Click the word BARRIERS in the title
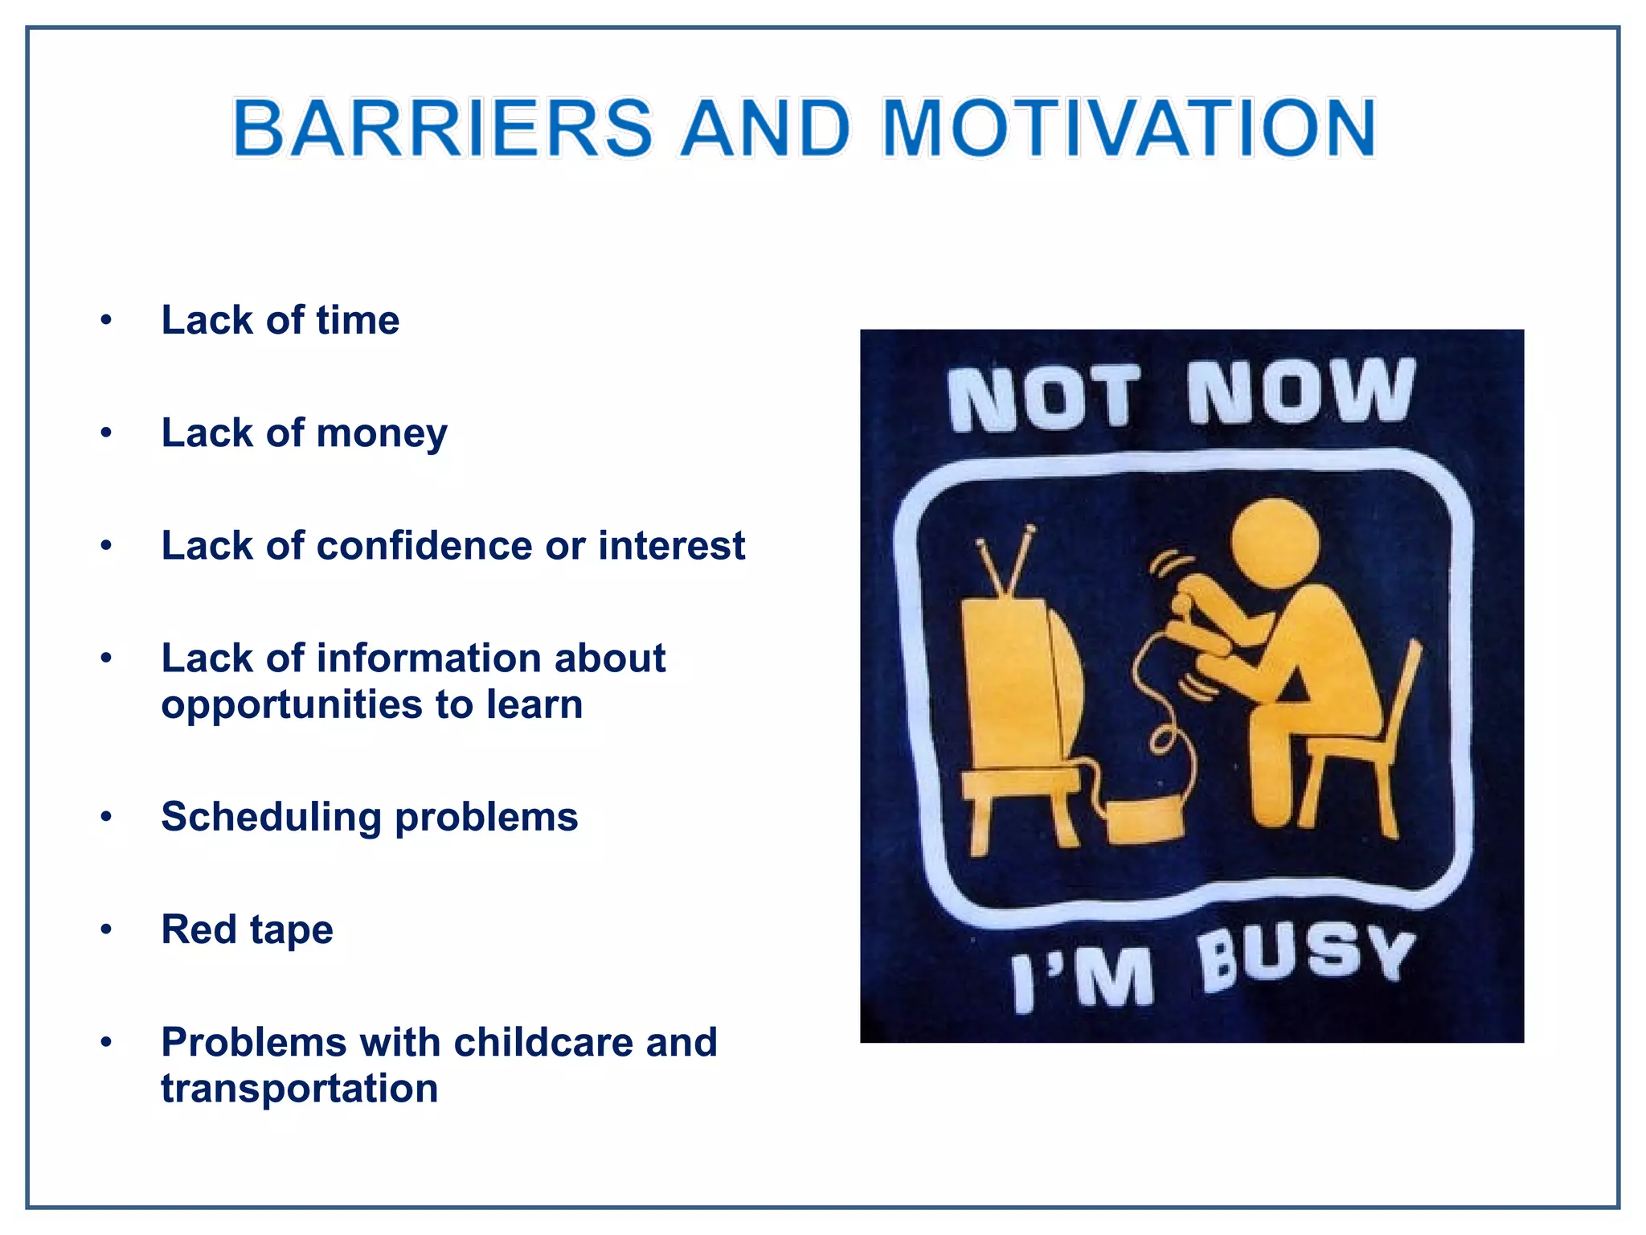tap(443, 129)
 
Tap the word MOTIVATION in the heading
tap(1129, 129)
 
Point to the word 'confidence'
tap(424, 546)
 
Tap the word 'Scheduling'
tap(271, 818)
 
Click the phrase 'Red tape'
tap(247, 930)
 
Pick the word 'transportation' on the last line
tap(299, 1089)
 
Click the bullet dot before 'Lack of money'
tap(106, 433)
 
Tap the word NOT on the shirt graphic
tap(1043, 397)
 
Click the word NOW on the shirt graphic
tap(1300, 392)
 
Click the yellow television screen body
tap(1017, 683)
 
